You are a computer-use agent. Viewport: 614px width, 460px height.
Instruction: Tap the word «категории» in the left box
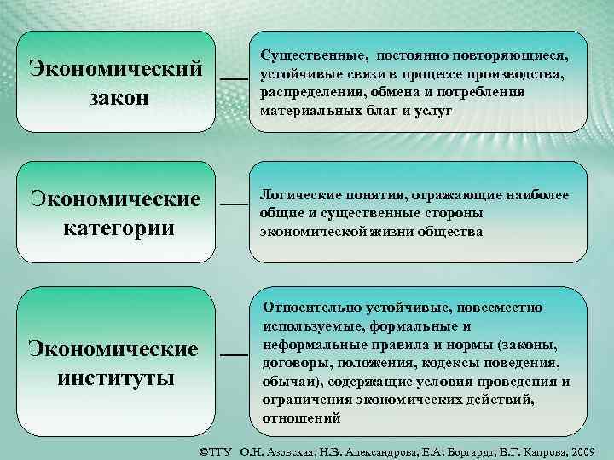(118, 227)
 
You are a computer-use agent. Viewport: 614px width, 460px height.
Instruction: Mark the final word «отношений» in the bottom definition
(301, 417)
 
